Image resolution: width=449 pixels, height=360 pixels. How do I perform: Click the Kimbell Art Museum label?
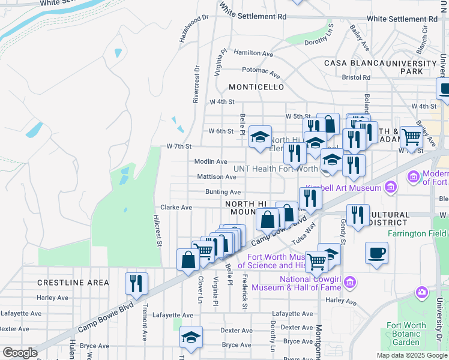click(343, 188)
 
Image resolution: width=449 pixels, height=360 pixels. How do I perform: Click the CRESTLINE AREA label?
click(73, 283)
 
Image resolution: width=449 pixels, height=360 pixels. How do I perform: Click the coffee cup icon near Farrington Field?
click(376, 252)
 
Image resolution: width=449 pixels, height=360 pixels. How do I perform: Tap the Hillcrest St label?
click(157, 230)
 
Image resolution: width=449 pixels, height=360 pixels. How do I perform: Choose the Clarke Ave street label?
click(176, 207)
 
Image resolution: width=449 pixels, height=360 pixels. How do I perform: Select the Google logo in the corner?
click(20, 353)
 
